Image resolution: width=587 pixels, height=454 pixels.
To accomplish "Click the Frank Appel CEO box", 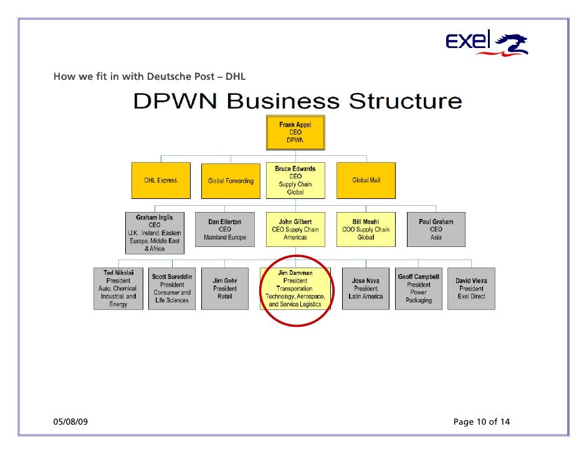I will pyautogui.click(x=295, y=132).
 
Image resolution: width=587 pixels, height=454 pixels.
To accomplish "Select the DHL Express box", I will pyautogui.click(x=161, y=181).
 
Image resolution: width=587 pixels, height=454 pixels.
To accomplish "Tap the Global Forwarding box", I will pyautogui.click(x=231, y=181).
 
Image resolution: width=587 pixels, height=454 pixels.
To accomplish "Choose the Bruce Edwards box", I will pyautogui.click(x=295, y=181).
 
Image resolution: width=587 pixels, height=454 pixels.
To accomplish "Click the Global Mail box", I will pyautogui.click(x=366, y=181).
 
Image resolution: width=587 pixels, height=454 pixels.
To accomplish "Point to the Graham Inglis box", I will pyautogui.click(x=155, y=233).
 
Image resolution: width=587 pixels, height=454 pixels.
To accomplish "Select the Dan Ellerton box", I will pyautogui.click(x=225, y=229).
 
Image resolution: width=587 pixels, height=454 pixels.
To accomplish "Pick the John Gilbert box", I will pyautogui.click(x=295, y=229).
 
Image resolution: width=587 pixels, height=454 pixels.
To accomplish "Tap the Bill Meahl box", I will pyautogui.click(x=366, y=229).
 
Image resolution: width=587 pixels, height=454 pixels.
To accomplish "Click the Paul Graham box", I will pyautogui.click(x=436, y=229).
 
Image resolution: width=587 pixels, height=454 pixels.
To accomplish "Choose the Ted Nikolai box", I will pyautogui.click(x=118, y=289).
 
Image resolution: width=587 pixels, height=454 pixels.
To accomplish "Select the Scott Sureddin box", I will pyautogui.click(x=172, y=289).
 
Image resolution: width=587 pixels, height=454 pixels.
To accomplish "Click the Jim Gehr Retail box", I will pyautogui.click(x=225, y=289).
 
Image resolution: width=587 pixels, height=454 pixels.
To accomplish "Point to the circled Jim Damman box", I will pyautogui.click(x=295, y=289).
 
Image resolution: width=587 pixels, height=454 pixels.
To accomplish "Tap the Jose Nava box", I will pyautogui.click(x=366, y=289).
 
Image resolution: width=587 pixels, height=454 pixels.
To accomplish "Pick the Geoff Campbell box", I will pyautogui.click(x=419, y=289).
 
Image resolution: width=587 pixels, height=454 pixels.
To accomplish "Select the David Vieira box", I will pyautogui.click(x=471, y=289).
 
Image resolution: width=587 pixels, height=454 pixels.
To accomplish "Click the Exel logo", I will pyautogui.click(x=487, y=43).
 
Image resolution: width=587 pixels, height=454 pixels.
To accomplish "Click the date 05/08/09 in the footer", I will pyautogui.click(x=70, y=422).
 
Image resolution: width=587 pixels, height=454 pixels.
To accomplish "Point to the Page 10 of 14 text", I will pyautogui.click(x=482, y=422).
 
